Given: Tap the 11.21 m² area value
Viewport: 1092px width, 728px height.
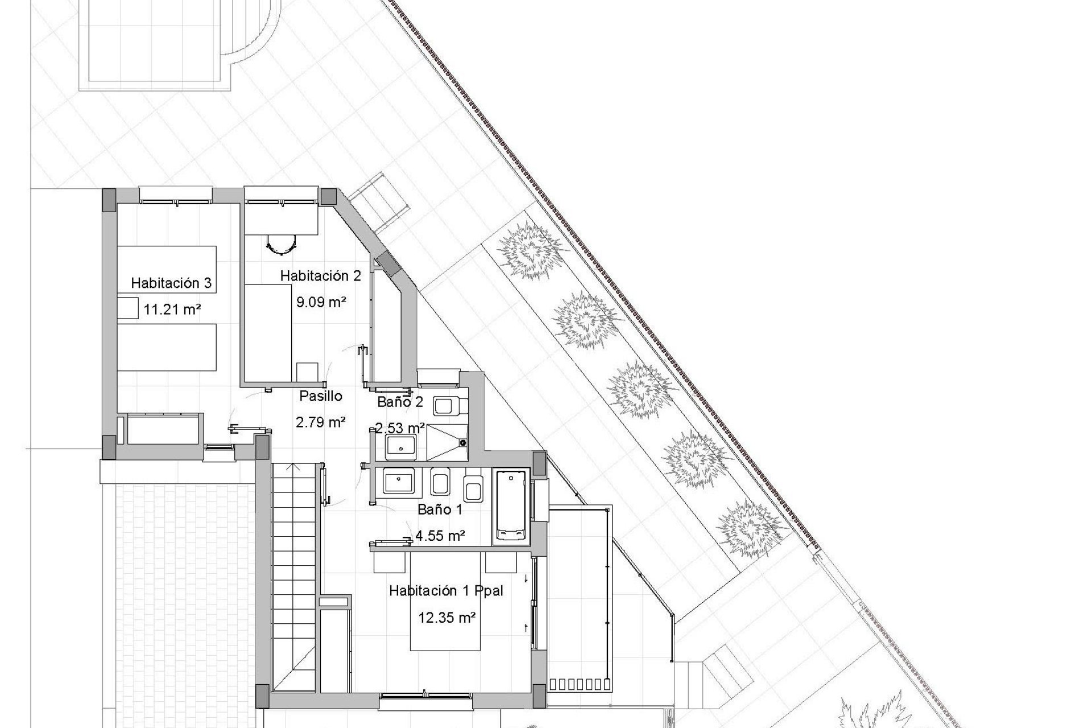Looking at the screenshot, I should coord(172,309).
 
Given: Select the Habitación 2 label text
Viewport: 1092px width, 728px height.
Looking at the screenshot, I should coord(320,276).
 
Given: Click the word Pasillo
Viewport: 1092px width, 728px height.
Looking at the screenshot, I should coord(321,396).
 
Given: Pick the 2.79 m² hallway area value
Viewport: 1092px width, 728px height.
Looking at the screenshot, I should coord(321,422).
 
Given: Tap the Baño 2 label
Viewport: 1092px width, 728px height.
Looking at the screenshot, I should coord(400,402).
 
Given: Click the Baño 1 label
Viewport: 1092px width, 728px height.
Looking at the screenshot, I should coord(440,510).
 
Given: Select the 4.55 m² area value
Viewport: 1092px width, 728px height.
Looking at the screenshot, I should coord(441,535).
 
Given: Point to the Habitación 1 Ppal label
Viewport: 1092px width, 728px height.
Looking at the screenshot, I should coord(446,591).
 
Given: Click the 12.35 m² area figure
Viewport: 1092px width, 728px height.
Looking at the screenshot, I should coord(447,618).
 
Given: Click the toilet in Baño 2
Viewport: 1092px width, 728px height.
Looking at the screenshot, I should coord(449,406).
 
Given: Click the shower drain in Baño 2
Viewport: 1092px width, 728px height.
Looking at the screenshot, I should coord(462,442).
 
